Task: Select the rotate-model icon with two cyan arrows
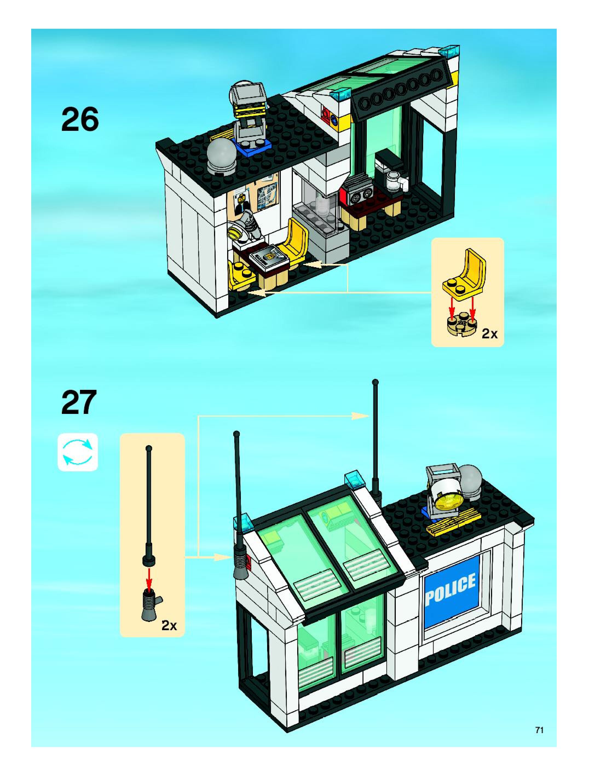(x=77, y=452)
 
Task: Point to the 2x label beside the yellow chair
(x=489, y=334)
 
